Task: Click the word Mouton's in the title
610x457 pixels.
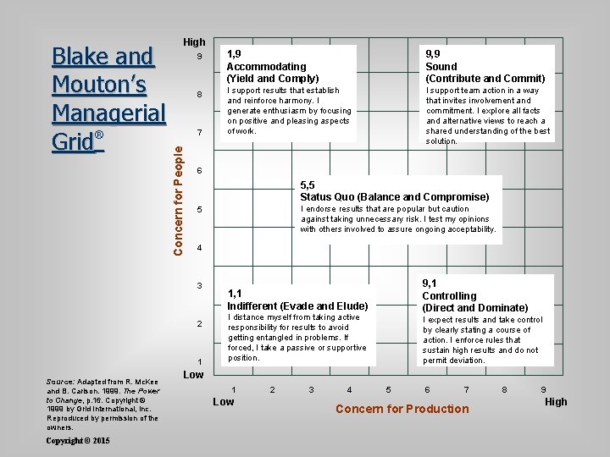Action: click(100, 85)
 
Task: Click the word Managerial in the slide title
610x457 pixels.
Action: click(109, 113)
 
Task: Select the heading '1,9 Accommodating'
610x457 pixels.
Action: click(267, 60)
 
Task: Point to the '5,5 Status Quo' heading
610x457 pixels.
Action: click(395, 191)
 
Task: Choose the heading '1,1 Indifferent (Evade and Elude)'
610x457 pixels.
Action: click(297, 300)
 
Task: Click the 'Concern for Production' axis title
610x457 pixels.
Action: click(402, 409)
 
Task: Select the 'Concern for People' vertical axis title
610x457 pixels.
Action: click(178, 198)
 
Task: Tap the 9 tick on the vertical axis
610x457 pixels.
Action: click(199, 57)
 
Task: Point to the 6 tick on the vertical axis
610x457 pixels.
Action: click(199, 171)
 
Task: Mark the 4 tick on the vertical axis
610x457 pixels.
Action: click(199, 248)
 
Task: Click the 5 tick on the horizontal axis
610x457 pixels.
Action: click(388, 389)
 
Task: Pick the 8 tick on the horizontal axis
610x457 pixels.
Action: click(505, 389)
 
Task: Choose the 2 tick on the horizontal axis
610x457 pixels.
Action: click(272, 389)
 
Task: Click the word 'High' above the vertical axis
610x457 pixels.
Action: click(194, 41)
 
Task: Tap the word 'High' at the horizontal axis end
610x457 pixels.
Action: click(556, 402)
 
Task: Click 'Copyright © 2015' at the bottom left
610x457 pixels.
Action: click(79, 441)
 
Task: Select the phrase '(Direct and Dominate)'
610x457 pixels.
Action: click(475, 308)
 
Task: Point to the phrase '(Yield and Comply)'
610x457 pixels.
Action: click(273, 78)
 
